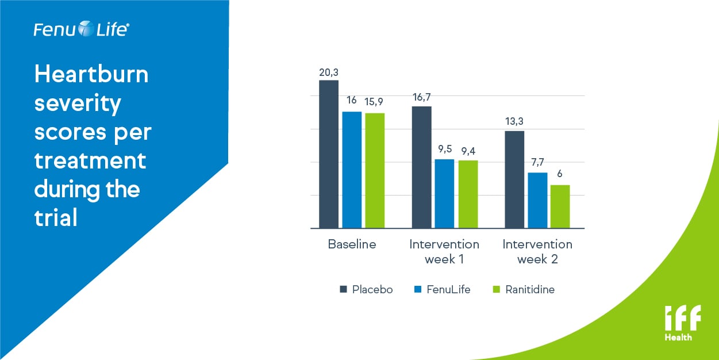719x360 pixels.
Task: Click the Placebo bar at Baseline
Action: (x=329, y=154)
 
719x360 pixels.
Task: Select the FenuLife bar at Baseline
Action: (x=352, y=170)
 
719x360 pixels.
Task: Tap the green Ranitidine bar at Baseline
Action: (x=375, y=170)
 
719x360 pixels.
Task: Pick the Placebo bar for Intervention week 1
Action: (x=421, y=167)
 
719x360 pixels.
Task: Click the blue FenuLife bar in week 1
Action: (x=444, y=193)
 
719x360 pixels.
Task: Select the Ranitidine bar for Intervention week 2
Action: (x=560, y=206)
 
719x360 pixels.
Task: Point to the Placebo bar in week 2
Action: (x=514, y=179)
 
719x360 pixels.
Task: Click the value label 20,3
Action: (x=329, y=72)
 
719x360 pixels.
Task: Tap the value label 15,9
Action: (x=375, y=102)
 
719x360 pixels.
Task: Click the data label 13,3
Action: (x=514, y=121)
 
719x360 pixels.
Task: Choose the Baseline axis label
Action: (x=352, y=244)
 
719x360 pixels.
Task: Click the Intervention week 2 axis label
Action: (x=537, y=251)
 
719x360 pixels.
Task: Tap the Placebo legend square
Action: (x=343, y=289)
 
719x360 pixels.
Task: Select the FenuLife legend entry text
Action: (x=448, y=289)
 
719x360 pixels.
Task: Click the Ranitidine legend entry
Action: (x=529, y=289)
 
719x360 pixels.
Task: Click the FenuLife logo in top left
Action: (x=80, y=29)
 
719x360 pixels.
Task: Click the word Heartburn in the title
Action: (x=91, y=75)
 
